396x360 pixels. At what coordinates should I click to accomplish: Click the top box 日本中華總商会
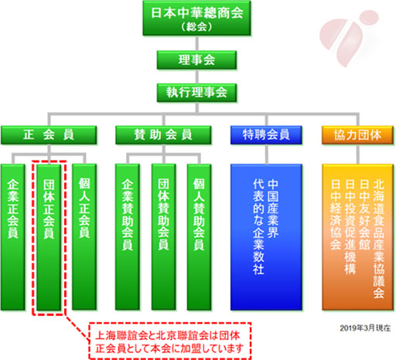(x=196, y=18)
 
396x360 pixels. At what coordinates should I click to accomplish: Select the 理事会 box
(x=196, y=60)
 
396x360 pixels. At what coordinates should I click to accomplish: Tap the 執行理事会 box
(x=196, y=93)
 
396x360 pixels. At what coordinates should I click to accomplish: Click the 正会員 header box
(x=49, y=135)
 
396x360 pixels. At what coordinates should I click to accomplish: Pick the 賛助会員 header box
(x=163, y=135)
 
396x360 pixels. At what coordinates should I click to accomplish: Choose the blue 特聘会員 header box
(x=266, y=135)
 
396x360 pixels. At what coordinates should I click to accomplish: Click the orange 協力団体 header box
(x=358, y=135)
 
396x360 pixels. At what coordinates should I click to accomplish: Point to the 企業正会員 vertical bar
(x=13, y=237)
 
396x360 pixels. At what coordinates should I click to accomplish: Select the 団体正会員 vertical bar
(x=49, y=237)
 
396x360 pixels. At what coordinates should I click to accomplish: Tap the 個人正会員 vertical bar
(x=84, y=237)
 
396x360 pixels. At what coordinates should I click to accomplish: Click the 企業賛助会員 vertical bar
(x=128, y=237)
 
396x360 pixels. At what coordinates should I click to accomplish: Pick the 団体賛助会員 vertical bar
(x=164, y=237)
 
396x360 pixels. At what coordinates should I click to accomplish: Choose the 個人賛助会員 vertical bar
(x=199, y=237)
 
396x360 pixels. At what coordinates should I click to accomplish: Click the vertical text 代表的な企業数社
(x=258, y=226)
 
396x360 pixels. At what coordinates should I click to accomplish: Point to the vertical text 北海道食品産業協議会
(x=379, y=239)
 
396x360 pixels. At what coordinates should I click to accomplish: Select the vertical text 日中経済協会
(x=336, y=214)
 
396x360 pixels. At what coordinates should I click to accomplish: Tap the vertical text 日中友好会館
(x=364, y=214)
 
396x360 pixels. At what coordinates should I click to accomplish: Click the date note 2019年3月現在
(x=365, y=328)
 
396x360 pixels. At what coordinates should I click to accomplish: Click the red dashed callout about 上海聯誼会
(x=170, y=341)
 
